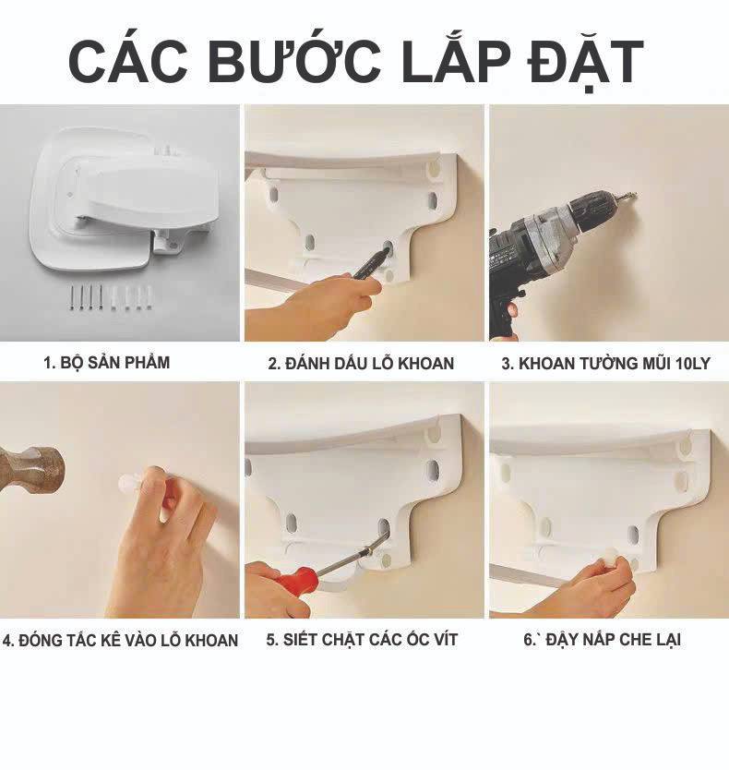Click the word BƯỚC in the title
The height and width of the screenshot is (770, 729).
coord(294,60)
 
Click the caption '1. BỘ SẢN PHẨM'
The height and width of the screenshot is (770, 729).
coord(106,363)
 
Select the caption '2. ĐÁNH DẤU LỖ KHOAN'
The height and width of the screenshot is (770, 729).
coord(361,363)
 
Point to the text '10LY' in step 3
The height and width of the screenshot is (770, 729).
coord(693,364)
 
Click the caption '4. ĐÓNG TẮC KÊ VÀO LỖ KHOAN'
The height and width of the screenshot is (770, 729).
coord(120,641)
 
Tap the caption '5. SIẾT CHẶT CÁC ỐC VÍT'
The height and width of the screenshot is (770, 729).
coord(362,640)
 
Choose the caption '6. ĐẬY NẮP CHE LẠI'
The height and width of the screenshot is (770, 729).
coord(602,640)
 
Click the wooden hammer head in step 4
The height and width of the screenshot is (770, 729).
coord(31,471)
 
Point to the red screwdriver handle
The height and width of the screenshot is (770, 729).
coord(293,581)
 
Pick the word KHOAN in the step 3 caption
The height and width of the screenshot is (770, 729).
coord(547,364)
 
